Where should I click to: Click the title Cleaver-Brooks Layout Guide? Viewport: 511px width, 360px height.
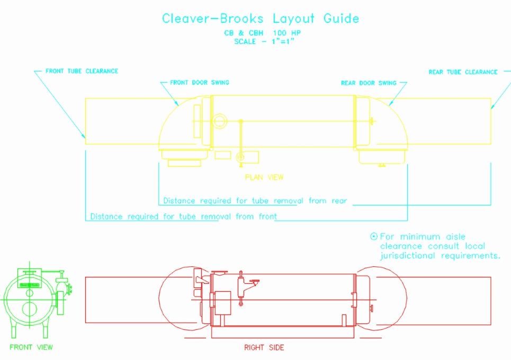click(261, 19)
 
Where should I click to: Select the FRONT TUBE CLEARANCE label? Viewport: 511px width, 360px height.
click(82, 71)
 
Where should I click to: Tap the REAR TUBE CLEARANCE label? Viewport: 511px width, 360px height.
click(463, 72)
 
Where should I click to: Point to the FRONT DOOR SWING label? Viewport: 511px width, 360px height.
click(200, 83)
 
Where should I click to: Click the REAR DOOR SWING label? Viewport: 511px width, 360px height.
click(369, 83)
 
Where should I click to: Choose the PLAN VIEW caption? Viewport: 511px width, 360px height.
click(264, 177)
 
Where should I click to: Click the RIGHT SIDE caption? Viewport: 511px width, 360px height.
click(264, 348)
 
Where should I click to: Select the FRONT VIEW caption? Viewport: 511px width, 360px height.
click(31, 347)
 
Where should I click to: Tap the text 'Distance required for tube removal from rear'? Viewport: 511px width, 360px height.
click(255, 201)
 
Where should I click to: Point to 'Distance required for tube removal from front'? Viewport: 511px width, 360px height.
click(183, 217)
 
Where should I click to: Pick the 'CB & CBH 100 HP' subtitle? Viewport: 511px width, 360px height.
click(263, 33)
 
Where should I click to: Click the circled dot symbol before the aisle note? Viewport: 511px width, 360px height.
click(374, 237)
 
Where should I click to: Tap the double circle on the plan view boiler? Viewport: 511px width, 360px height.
click(219, 121)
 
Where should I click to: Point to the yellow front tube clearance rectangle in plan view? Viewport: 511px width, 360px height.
click(122, 121)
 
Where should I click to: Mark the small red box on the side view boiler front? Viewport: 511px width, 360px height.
click(222, 301)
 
